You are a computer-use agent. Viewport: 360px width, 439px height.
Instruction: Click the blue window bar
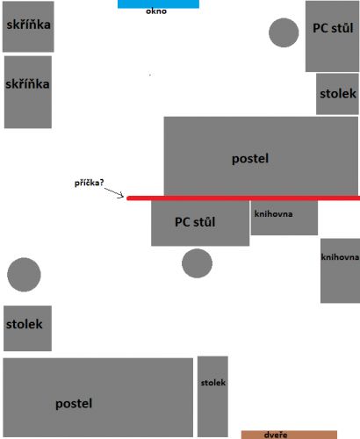(x=158, y=4)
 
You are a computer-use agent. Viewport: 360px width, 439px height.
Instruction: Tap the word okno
(x=156, y=11)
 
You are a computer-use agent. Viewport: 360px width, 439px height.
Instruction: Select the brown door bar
(x=289, y=435)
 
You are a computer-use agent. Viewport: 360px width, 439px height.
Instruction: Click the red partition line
(x=243, y=198)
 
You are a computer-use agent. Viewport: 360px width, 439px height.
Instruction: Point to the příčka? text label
(x=89, y=183)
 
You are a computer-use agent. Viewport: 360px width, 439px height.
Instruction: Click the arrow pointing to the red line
(x=114, y=193)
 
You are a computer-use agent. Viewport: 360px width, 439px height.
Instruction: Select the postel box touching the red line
(x=261, y=156)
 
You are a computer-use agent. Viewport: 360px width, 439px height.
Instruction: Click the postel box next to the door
(x=98, y=397)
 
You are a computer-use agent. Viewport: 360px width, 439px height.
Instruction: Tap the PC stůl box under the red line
(x=200, y=223)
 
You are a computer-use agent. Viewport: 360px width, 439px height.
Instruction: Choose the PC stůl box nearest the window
(x=332, y=36)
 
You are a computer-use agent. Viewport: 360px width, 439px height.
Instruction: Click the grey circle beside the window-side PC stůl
(x=284, y=32)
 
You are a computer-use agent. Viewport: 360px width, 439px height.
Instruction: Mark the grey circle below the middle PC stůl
(x=197, y=263)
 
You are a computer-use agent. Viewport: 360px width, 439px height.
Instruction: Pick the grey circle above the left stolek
(x=24, y=275)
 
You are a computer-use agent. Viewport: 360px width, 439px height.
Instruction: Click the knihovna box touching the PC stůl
(x=284, y=218)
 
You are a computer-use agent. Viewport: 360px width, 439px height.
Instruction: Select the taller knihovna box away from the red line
(x=340, y=270)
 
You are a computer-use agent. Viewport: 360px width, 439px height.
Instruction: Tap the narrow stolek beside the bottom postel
(x=212, y=397)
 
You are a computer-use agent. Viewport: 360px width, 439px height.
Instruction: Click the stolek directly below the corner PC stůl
(x=337, y=94)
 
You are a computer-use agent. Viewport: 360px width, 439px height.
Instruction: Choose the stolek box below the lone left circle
(x=27, y=328)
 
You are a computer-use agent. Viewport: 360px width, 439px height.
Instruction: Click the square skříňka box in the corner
(x=28, y=26)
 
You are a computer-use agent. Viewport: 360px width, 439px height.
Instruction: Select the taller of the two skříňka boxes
(x=28, y=92)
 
